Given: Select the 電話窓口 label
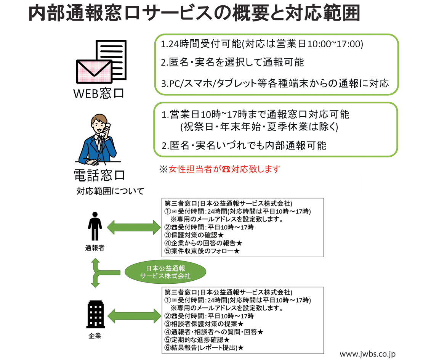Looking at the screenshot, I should (99, 175).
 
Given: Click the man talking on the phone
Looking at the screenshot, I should (98, 140).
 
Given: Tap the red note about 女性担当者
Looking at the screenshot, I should (220, 169).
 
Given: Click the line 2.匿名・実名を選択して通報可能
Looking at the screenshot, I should (232, 63).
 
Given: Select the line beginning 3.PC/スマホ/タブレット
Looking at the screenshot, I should (274, 83).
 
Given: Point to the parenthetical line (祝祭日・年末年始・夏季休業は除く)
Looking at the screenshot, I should (259, 126).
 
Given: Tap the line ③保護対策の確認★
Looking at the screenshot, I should (194, 235).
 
